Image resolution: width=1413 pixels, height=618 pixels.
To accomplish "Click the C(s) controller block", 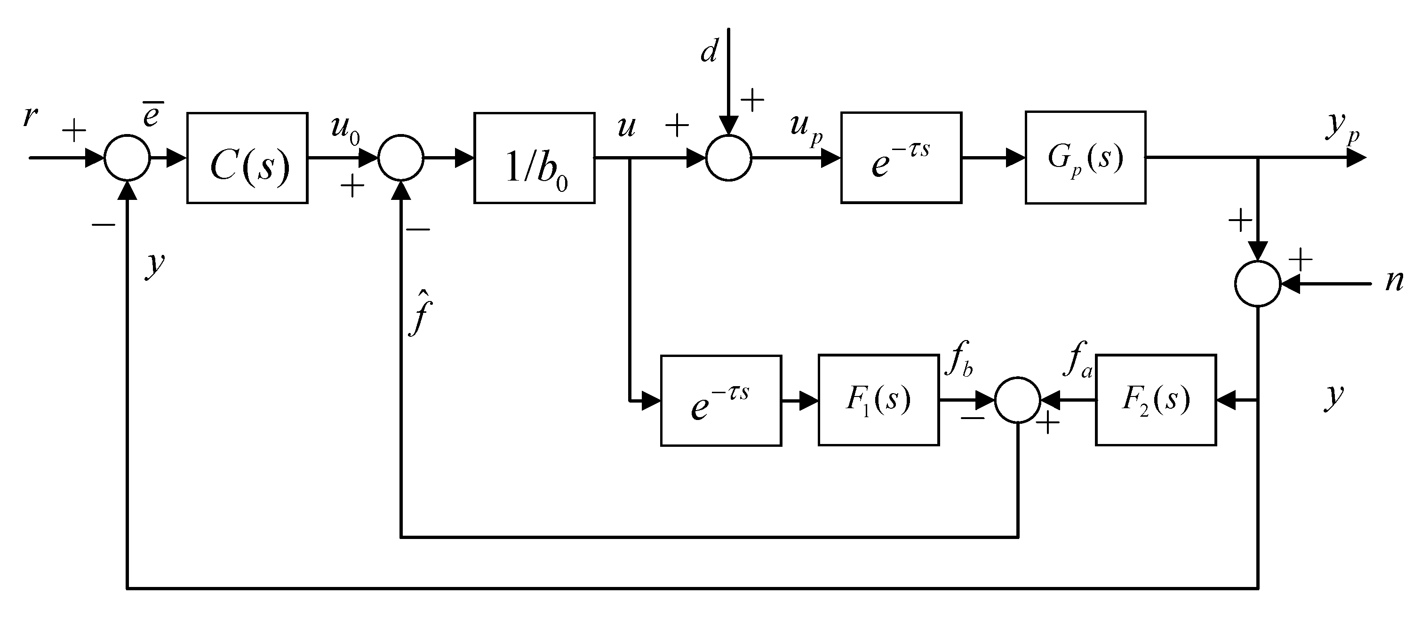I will click(x=247, y=158).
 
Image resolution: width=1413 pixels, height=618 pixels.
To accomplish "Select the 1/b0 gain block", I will click(x=534, y=158).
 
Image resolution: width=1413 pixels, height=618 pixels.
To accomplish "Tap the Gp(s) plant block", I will click(x=1085, y=158).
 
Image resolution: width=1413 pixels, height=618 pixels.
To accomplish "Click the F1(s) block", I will click(x=878, y=400).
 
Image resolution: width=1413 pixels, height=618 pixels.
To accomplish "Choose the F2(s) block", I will click(x=1156, y=400).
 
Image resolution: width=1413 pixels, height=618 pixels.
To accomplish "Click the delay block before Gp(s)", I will click(x=901, y=158).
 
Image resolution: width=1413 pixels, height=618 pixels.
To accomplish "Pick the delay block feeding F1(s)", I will click(x=721, y=401).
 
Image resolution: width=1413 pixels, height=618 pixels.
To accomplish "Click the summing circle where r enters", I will click(x=127, y=158).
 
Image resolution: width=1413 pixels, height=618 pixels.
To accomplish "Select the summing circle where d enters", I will click(x=728, y=158).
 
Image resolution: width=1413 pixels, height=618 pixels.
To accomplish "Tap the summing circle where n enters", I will click(x=1257, y=284).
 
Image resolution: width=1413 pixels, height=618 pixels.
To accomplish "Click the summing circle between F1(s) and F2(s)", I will click(x=1017, y=400).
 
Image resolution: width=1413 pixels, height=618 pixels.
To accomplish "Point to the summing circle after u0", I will click(x=401, y=158).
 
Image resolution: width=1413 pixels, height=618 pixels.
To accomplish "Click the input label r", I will click(x=30, y=116).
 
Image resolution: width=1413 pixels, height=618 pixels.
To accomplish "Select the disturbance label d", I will click(x=709, y=52).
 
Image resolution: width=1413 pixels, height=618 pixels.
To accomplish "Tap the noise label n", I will click(x=1393, y=281).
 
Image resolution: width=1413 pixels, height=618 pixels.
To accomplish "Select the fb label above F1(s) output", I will click(x=959, y=361).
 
